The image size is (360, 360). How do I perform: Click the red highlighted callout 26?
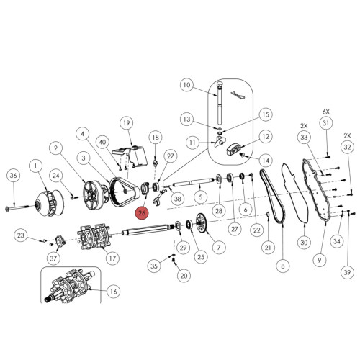click(142, 212)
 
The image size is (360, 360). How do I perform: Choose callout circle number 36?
click(12, 176)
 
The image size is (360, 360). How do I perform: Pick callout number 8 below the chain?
click(282, 266)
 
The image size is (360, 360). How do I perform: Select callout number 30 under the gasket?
click(303, 243)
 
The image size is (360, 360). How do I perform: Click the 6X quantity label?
click(325, 112)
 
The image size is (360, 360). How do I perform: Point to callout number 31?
click(325, 124)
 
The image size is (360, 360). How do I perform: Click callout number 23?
click(22, 235)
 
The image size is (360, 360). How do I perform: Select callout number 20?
click(183, 275)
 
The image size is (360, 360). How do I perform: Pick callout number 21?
click(268, 248)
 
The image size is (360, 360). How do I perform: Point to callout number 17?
click(112, 257)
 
